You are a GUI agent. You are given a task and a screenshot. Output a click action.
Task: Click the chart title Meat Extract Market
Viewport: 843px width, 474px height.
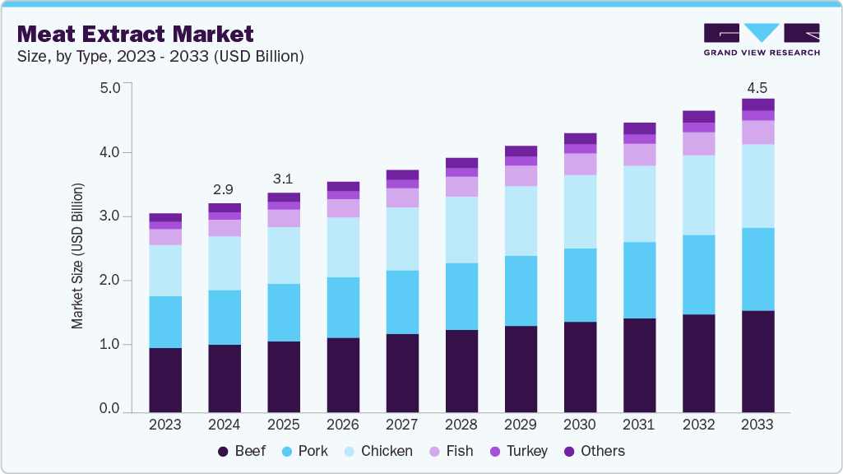coord(135,34)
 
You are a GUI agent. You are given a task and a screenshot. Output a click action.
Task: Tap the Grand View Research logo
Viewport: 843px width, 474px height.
coord(761,39)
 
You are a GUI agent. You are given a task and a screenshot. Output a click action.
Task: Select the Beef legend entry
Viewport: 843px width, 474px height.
coord(242,451)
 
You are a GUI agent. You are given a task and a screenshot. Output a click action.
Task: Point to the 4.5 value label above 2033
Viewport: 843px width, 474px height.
coord(757,87)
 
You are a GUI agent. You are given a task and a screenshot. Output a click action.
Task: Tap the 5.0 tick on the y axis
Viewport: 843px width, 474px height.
coord(109,88)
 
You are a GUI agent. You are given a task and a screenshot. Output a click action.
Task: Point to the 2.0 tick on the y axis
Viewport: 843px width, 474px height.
coord(109,281)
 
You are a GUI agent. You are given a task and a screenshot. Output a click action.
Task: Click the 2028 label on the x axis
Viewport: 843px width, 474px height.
coord(461,425)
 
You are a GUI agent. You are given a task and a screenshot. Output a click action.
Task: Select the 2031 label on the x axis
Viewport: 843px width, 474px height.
coord(639,425)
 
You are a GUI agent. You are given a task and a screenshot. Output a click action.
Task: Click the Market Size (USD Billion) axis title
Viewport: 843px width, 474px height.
coord(78,256)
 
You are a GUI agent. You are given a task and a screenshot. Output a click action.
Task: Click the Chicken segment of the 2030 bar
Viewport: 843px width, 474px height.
coord(580,211)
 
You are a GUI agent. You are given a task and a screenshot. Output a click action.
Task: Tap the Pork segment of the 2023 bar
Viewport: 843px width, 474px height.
coord(165,322)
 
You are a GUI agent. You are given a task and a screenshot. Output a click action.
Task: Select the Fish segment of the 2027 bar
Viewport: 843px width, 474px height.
coord(402,197)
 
